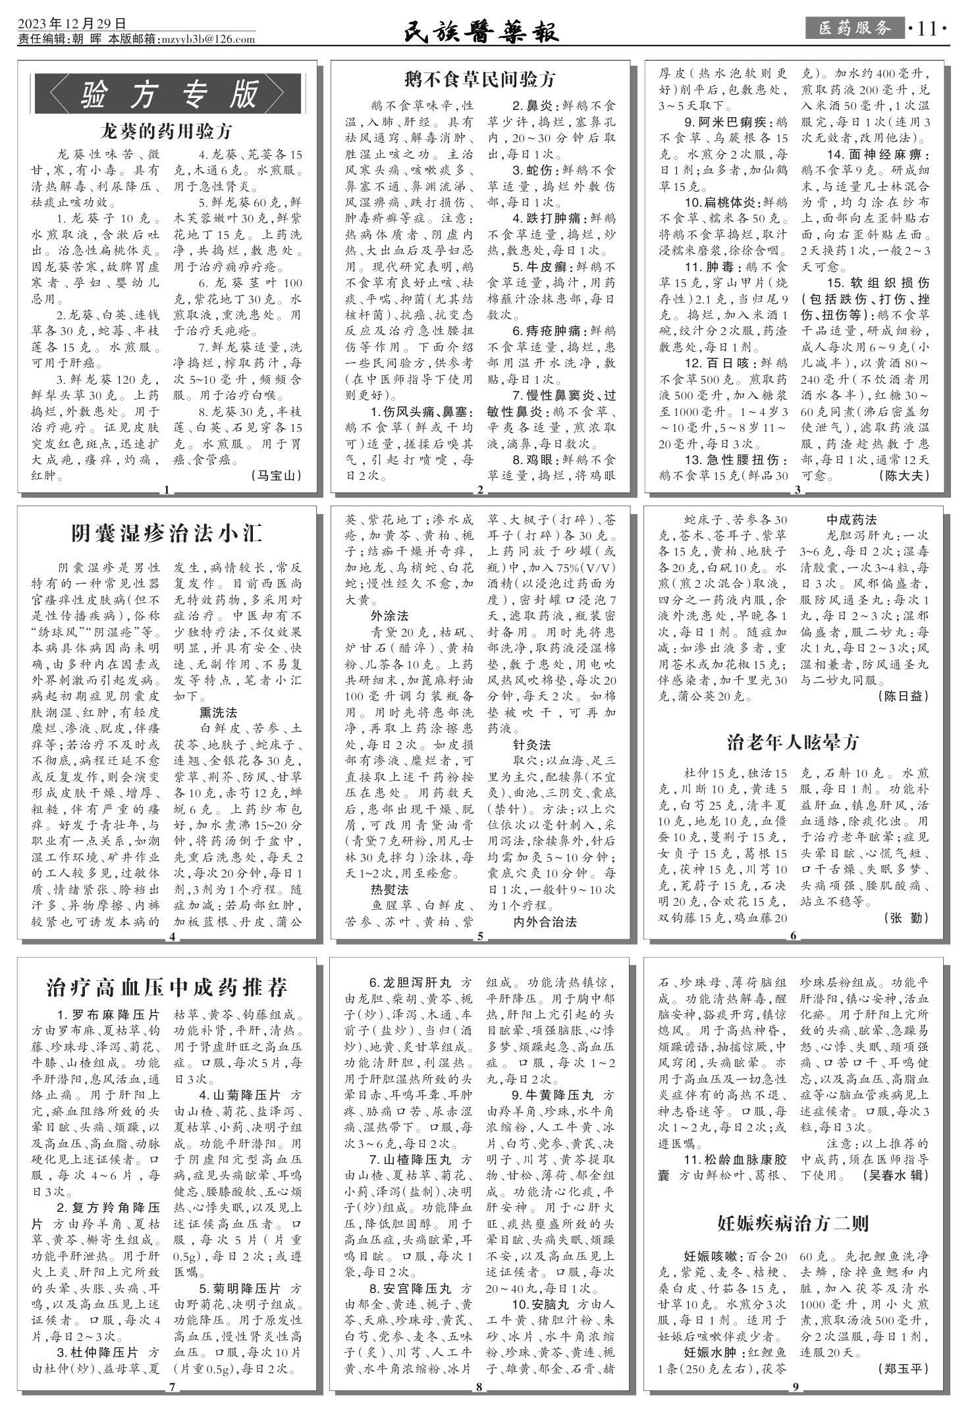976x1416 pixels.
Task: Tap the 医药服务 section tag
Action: pyautogui.click(x=854, y=28)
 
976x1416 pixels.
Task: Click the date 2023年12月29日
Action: pyautogui.click(x=72, y=25)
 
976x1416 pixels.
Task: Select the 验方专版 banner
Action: pyautogui.click(x=168, y=94)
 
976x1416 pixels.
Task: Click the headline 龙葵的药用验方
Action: pyautogui.click(x=167, y=131)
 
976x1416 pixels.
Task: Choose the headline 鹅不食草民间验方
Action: pyautogui.click(x=480, y=80)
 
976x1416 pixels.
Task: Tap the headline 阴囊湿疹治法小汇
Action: pyautogui.click(x=167, y=533)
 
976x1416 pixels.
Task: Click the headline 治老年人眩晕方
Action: pyautogui.click(x=794, y=742)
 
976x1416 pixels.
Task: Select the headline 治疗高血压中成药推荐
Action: pyautogui.click(x=167, y=988)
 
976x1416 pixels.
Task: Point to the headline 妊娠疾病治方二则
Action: pyautogui.click(x=793, y=1224)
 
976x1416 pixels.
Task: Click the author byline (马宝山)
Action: pyautogui.click(x=277, y=475)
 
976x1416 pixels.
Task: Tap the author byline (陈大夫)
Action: pyautogui.click(x=904, y=475)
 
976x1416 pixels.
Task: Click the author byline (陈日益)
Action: pyautogui.click(x=904, y=696)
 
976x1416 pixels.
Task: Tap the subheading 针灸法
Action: pyautogui.click(x=531, y=745)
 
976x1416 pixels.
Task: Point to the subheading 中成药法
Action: pyautogui.click(x=852, y=520)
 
